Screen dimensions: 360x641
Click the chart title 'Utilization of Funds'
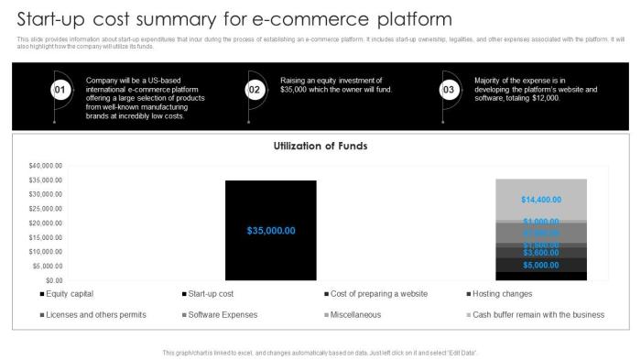(320, 146)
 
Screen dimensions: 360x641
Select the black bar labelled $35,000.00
(271, 230)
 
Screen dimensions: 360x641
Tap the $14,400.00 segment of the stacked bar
(540, 200)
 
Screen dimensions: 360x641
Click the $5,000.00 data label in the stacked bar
(540, 266)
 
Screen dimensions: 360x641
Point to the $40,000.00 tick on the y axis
(46, 166)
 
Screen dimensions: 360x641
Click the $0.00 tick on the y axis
(53, 280)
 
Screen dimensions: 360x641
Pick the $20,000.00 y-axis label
(46, 224)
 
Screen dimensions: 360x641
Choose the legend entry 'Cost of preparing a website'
(376, 294)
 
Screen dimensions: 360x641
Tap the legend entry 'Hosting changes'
(502, 294)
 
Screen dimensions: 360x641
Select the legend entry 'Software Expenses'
(223, 315)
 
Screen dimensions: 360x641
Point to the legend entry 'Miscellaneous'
(356, 315)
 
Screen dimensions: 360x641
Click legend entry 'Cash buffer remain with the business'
(538, 315)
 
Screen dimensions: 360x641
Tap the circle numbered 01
(59, 90)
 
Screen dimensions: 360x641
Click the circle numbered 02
(255, 90)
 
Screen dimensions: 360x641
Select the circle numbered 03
(449, 90)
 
